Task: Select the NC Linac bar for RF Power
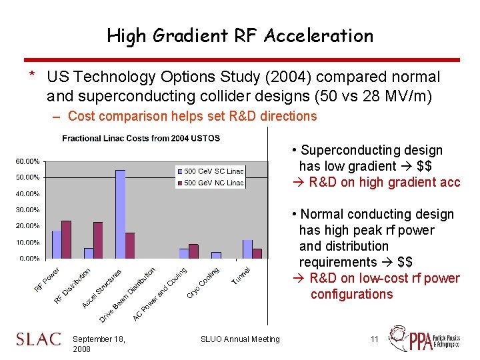click(x=66, y=239)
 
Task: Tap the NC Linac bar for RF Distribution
click(x=98, y=240)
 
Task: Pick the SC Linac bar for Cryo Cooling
click(x=216, y=255)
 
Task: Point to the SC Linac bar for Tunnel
click(x=247, y=249)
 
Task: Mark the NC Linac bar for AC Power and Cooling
click(x=193, y=251)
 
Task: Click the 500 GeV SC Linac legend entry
click(x=210, y=171)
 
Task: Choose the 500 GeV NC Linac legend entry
click(x=210, y=182)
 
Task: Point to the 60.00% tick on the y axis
click(x=27, y=161)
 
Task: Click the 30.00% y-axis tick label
click(x=27, y=210)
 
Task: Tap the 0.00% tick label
click(x=29, y=258)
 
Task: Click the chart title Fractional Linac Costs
click(x=141, y=138)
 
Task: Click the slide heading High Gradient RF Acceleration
click(x=240, y=35)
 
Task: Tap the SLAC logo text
click(x=39, y=340)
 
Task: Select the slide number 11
click(x=375, y=339)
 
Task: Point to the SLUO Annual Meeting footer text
click(x=240, y=339)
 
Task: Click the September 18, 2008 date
click(x=99, y=344)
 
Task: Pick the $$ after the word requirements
click(x=405, y=262)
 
